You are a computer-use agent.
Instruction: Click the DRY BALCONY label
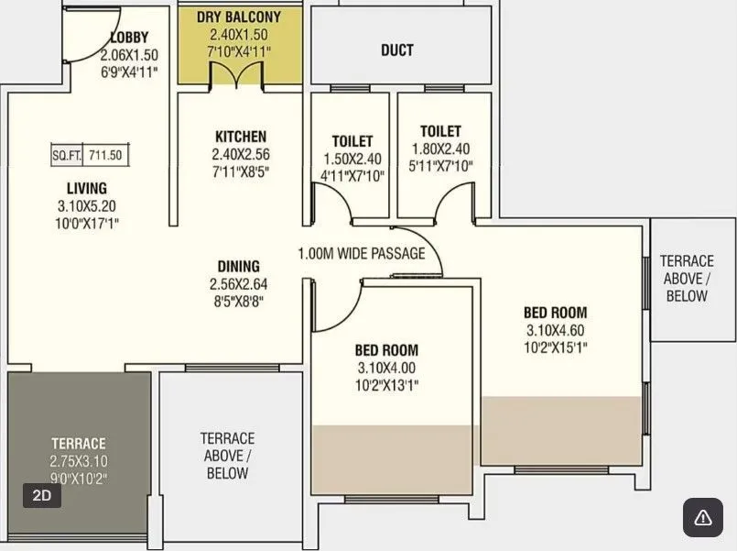tap(239, 17)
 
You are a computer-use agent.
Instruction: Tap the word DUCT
tap(396, 50)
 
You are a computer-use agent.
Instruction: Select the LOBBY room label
tap(129, 38)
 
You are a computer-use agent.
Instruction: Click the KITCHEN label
tap(241, 137)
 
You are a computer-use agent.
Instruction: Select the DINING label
tap(238, 267)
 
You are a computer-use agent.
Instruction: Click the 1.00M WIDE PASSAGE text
tap(361, 253)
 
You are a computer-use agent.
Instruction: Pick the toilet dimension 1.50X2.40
tap(352, 159)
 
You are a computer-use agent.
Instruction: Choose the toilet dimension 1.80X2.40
tap(440, 149)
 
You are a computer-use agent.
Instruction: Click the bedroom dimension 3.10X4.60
tap(555, 330)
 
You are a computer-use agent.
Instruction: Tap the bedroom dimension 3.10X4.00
tap(386, 368)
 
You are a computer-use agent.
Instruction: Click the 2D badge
tap(42, 496)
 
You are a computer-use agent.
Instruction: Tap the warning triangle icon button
tap(702, 518)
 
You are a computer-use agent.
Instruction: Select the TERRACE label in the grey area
tap(79, 444)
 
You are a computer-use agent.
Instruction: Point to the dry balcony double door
tap(239, 78)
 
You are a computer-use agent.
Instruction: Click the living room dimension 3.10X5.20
tap(86, 206)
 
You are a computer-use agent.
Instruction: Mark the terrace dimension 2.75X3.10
tap(79, 461)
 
